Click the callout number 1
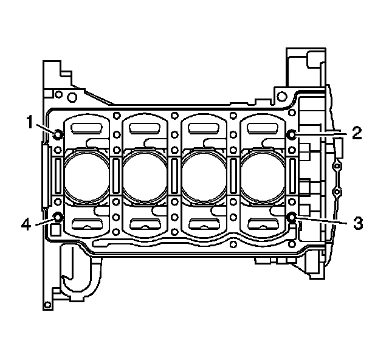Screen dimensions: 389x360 tap(30, 122)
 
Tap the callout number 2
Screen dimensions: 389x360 tap(356, 133)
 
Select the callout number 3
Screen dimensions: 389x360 tap(358, 223)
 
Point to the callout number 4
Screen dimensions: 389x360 tap(26, 225)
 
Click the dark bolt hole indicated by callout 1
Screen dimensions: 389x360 tap(58, 135)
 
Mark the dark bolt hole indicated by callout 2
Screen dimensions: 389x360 tap(292, 135)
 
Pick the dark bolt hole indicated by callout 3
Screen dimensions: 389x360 tap(292, 217)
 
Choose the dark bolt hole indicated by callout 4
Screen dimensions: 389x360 tap(58, 218)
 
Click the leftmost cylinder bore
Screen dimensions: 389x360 tap(86, 176)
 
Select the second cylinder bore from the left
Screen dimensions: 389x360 tap(145, 176)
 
